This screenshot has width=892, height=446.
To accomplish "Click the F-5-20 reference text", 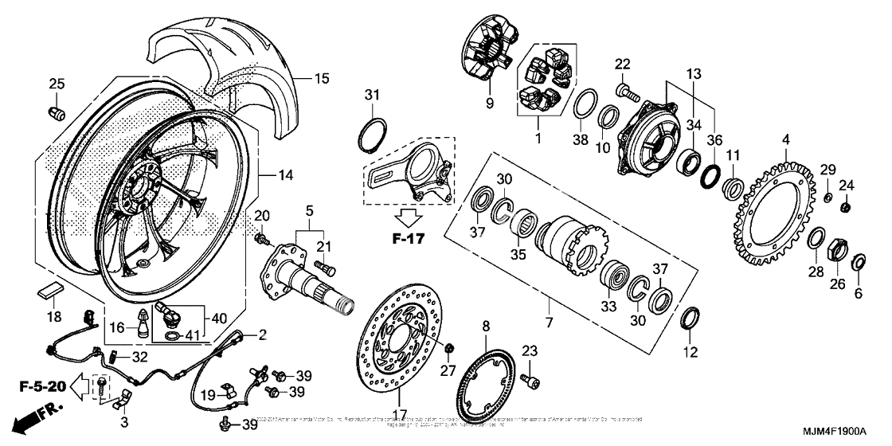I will [40, 388].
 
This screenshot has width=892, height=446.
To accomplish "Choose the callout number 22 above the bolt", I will [622, 64].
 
